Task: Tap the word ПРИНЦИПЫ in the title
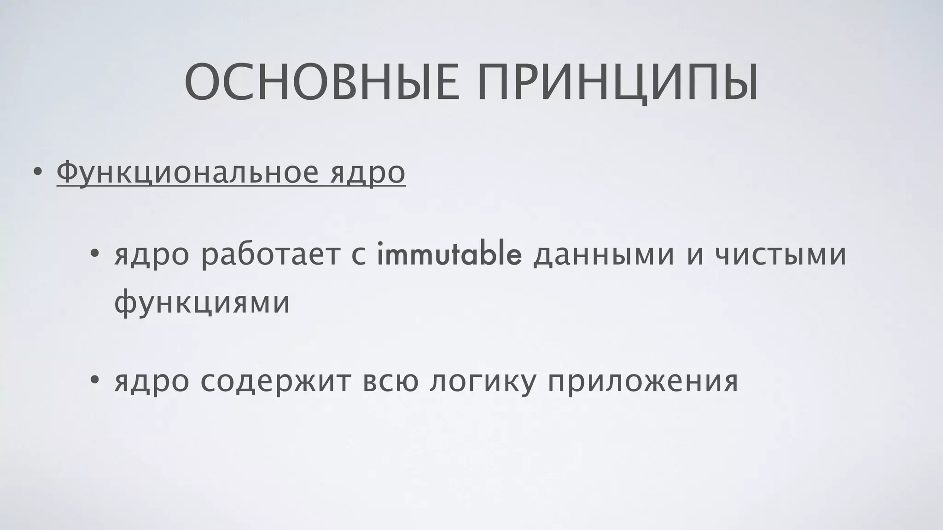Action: pos(617,83)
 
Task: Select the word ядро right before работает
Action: pos(151,256)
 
